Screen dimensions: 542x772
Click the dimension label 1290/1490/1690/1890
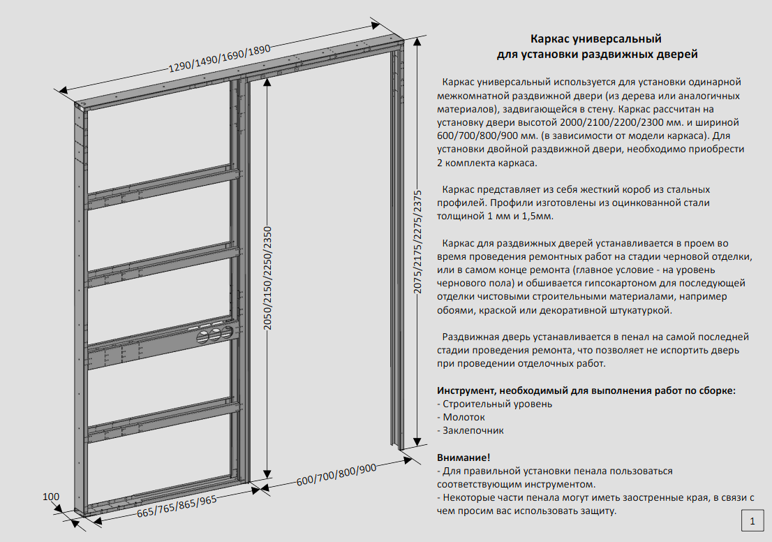218,58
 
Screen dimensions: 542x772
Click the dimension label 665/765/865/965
168,508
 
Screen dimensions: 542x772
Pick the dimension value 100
51,497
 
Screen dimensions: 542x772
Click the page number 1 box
752,520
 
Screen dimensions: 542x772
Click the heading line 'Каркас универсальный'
595,38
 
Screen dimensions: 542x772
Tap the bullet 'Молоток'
463,417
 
